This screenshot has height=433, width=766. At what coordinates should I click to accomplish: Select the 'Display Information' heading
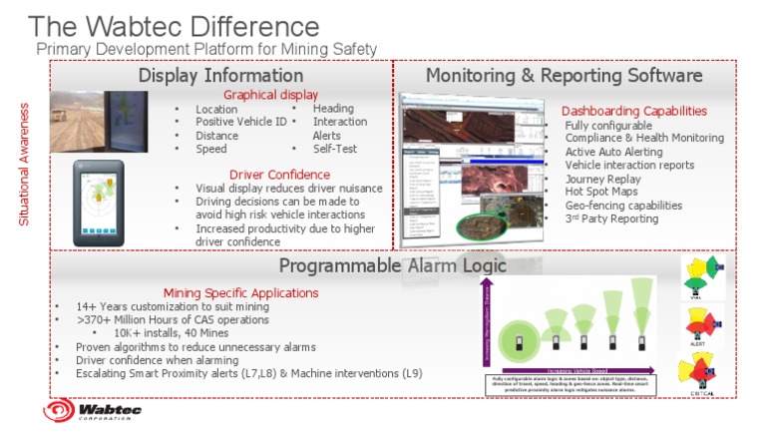tap(220, 75)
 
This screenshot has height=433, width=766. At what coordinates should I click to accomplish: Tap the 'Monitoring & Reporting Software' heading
tap(564, 75)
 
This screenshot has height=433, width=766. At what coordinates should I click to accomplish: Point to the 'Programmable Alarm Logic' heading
tap(392, 265)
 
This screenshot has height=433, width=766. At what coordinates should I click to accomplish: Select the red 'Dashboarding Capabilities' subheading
tap(634, 111)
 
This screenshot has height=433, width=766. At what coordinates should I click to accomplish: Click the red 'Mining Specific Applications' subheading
tap(240, 292)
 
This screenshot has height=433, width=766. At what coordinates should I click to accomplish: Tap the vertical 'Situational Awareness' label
tap(25, 162)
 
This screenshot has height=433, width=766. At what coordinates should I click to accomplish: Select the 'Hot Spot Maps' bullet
tap(604, 192)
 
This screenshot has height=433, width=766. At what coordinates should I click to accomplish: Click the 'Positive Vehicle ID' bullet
tap(240, 122)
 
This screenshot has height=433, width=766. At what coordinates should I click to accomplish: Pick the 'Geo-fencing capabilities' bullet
tap(623, 205)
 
